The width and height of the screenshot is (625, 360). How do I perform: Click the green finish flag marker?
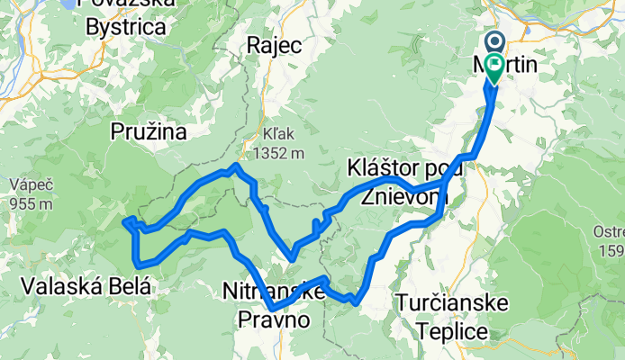(x=494, y=65)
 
